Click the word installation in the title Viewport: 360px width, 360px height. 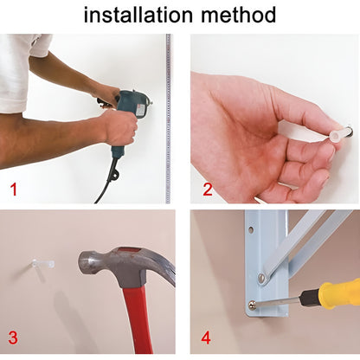138,15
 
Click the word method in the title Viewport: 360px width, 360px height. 239,15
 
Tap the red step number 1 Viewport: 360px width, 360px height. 14,190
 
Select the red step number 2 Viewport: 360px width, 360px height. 208,190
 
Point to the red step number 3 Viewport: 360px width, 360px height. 13,337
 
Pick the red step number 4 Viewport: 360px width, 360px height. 206,337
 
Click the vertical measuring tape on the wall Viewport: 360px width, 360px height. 168,119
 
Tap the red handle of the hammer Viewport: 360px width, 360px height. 136,318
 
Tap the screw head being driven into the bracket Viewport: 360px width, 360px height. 253,304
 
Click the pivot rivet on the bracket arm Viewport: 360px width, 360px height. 262,279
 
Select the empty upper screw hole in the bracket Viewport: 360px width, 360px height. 251,230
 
